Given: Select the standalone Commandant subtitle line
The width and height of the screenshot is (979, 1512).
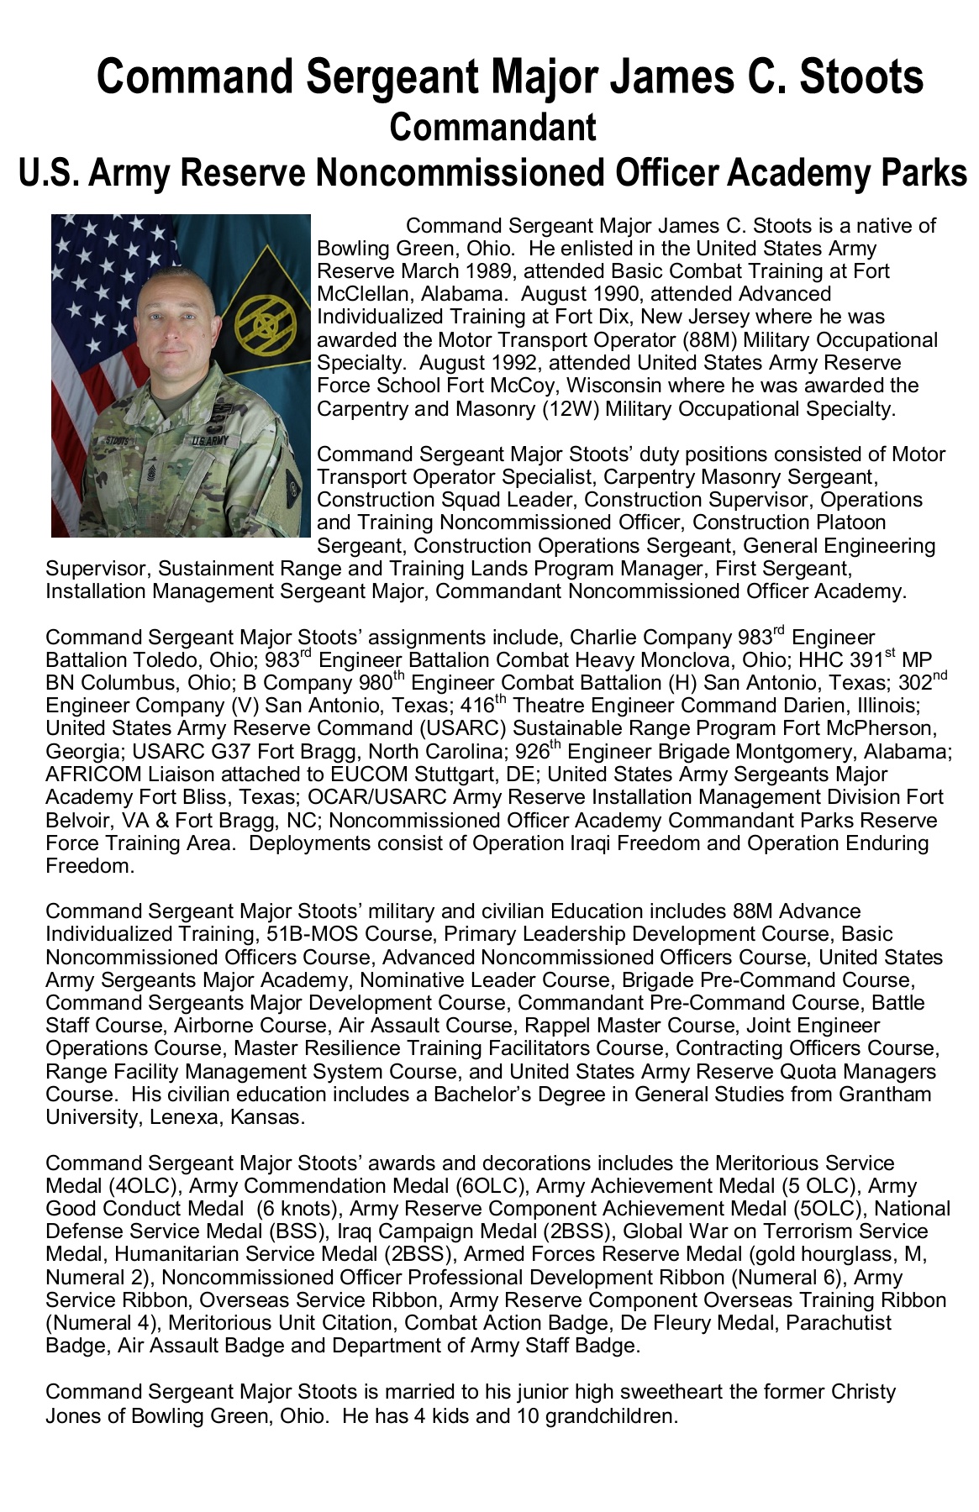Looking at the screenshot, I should (x=492, y=127).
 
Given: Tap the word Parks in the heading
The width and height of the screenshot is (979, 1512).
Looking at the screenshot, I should (x=924, y=172).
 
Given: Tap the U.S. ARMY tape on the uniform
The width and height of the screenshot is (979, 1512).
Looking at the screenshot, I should (x=209, y=440).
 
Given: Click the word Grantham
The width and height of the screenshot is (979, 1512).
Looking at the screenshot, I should (x=883, y=1095).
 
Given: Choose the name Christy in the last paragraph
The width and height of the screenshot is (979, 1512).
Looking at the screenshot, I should (x=863, y=1392).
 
